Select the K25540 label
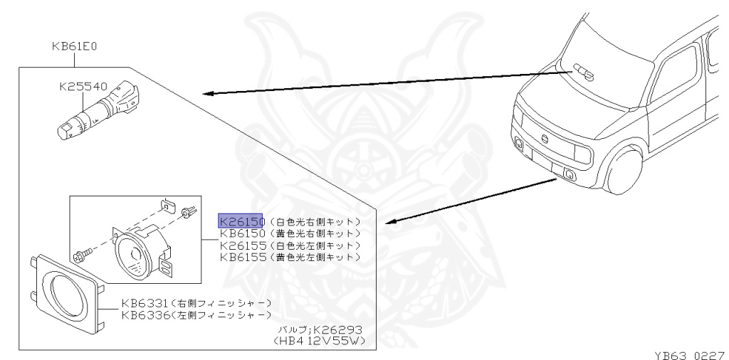point(83,88)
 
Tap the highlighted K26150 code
point(241,221)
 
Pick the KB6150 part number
point(243,233)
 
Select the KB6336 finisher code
point(145,314)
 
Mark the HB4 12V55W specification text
point(318,342)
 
